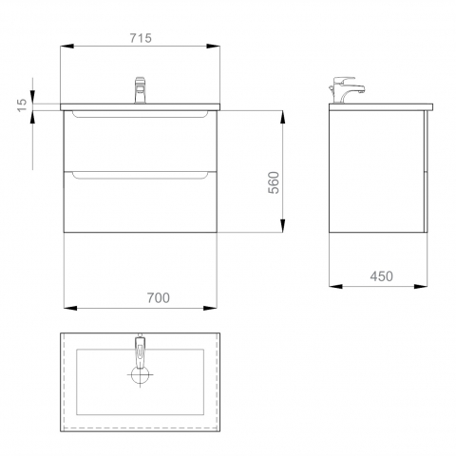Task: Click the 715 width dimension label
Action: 141,38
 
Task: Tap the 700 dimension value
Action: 159,297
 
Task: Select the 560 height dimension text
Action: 274,182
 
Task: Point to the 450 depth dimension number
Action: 382,276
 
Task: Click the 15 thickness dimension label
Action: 22,104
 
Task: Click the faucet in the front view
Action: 140,90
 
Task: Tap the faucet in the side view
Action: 347,89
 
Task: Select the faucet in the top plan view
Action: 140,351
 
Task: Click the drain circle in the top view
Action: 140,374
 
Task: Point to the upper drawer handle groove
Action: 141,114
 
